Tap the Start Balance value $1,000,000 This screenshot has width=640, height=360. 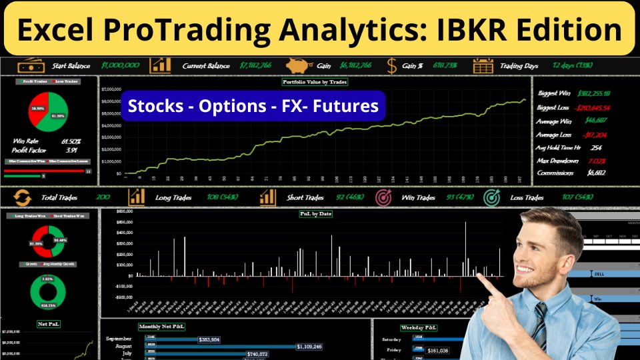tap(120, 65)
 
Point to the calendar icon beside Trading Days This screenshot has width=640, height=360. tap(483, 65)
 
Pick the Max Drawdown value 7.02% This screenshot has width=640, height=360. tap(597, 160)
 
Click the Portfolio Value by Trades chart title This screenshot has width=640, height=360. tap(315, 82)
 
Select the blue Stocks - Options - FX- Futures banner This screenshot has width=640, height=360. tap(253, 106)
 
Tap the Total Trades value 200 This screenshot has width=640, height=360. tap(103, 197)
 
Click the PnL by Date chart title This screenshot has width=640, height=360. tap(316, 214)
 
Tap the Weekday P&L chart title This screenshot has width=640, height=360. tap(419, 327)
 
